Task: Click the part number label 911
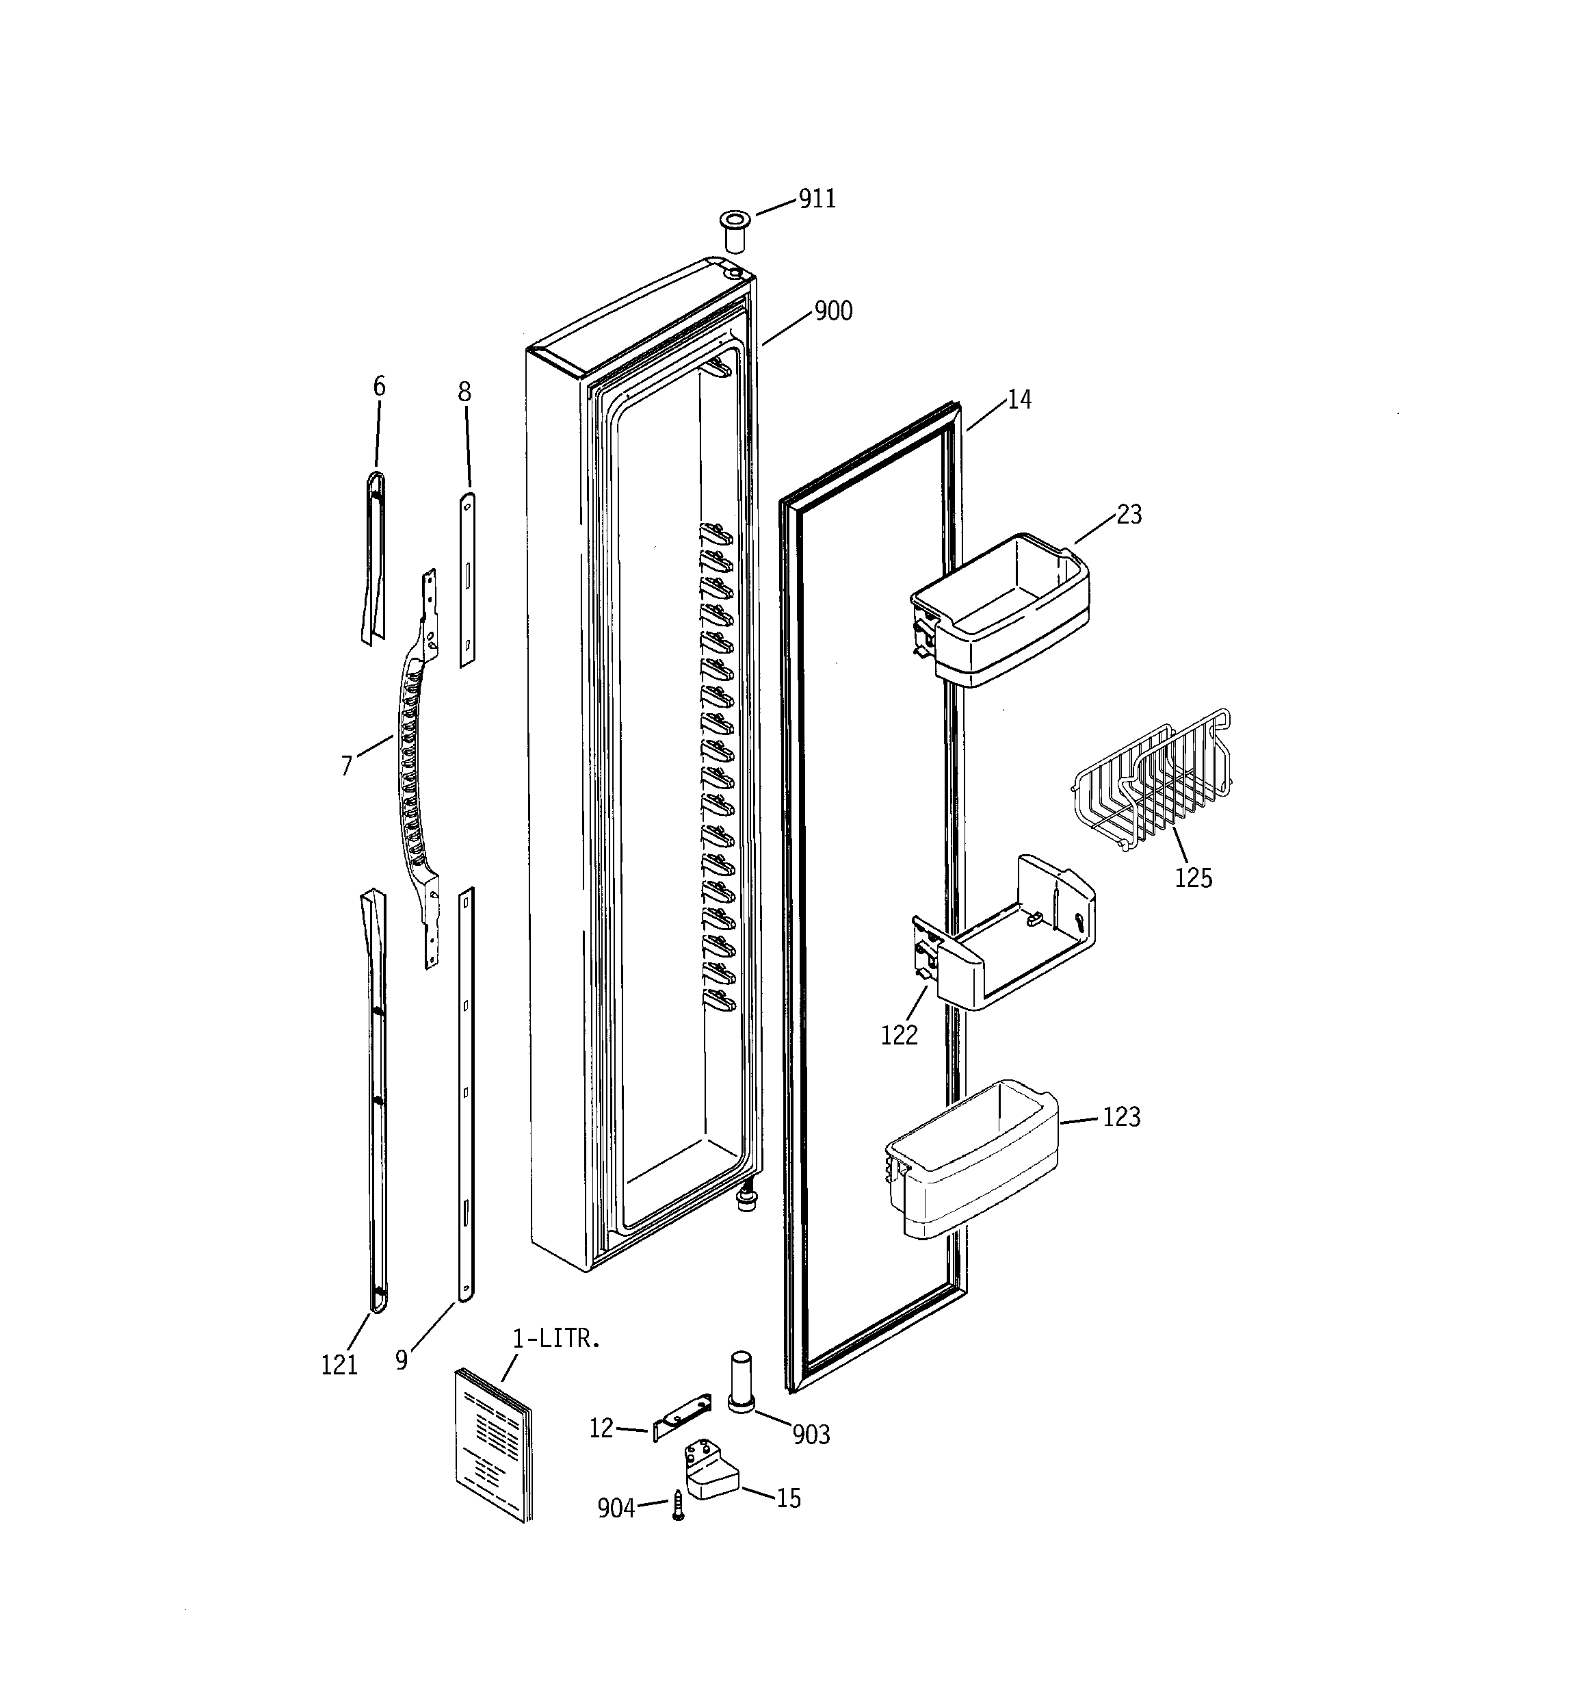817,198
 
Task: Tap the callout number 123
1121,1117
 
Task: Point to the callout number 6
379,387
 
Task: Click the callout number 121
339,1365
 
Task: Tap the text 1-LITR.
556,1339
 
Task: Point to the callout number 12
601,1429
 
